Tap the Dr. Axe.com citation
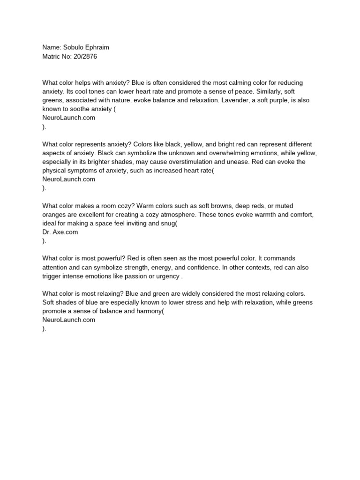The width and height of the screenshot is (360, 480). click(x=60, y=232)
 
